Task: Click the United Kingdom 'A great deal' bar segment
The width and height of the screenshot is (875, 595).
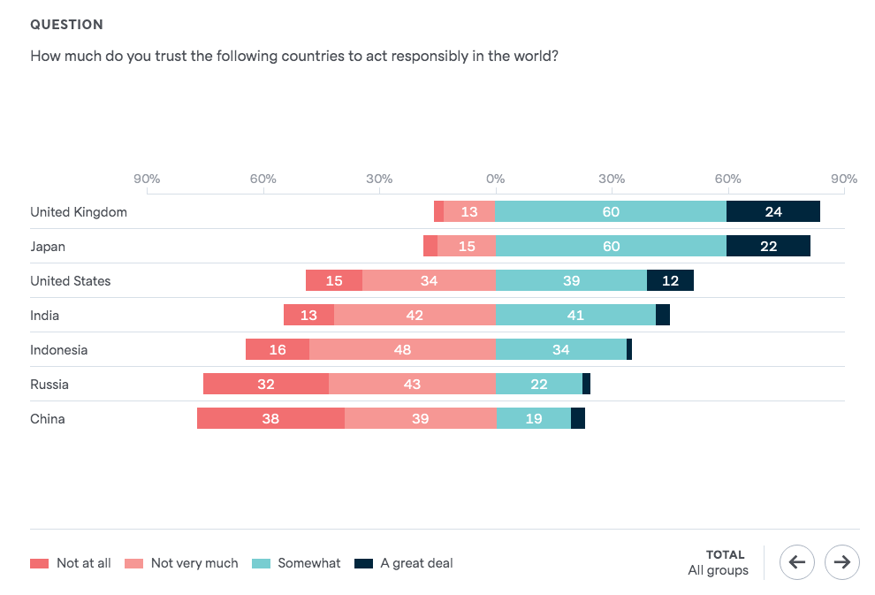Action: [772, 212]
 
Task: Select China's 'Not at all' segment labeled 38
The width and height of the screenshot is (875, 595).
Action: [270, 419]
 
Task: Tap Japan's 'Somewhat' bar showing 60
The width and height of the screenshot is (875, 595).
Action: [611, 247]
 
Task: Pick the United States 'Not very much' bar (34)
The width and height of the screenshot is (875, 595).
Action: [429, 281]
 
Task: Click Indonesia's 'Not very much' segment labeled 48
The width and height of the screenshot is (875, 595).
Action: [402, 350]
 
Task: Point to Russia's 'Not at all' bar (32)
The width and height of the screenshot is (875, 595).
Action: [265, 385]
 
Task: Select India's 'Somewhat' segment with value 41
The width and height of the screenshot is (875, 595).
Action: [575, 316]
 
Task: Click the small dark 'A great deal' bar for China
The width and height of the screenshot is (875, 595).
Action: [578, 419]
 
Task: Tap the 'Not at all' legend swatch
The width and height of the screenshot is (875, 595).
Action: [40, 563]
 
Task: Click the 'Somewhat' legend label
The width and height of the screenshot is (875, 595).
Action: [308, 563]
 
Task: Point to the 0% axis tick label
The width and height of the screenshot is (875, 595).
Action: [495, 179]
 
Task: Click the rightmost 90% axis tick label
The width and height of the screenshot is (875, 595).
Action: [844, 179]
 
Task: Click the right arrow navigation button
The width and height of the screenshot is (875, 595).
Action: [841, 561]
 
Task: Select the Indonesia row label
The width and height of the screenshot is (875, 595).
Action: [59, 350]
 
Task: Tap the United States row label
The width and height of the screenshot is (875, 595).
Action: [71, 281]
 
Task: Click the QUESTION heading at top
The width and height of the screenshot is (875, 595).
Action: [66, 25]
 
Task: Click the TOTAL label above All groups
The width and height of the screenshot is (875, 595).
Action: [725, 555]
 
